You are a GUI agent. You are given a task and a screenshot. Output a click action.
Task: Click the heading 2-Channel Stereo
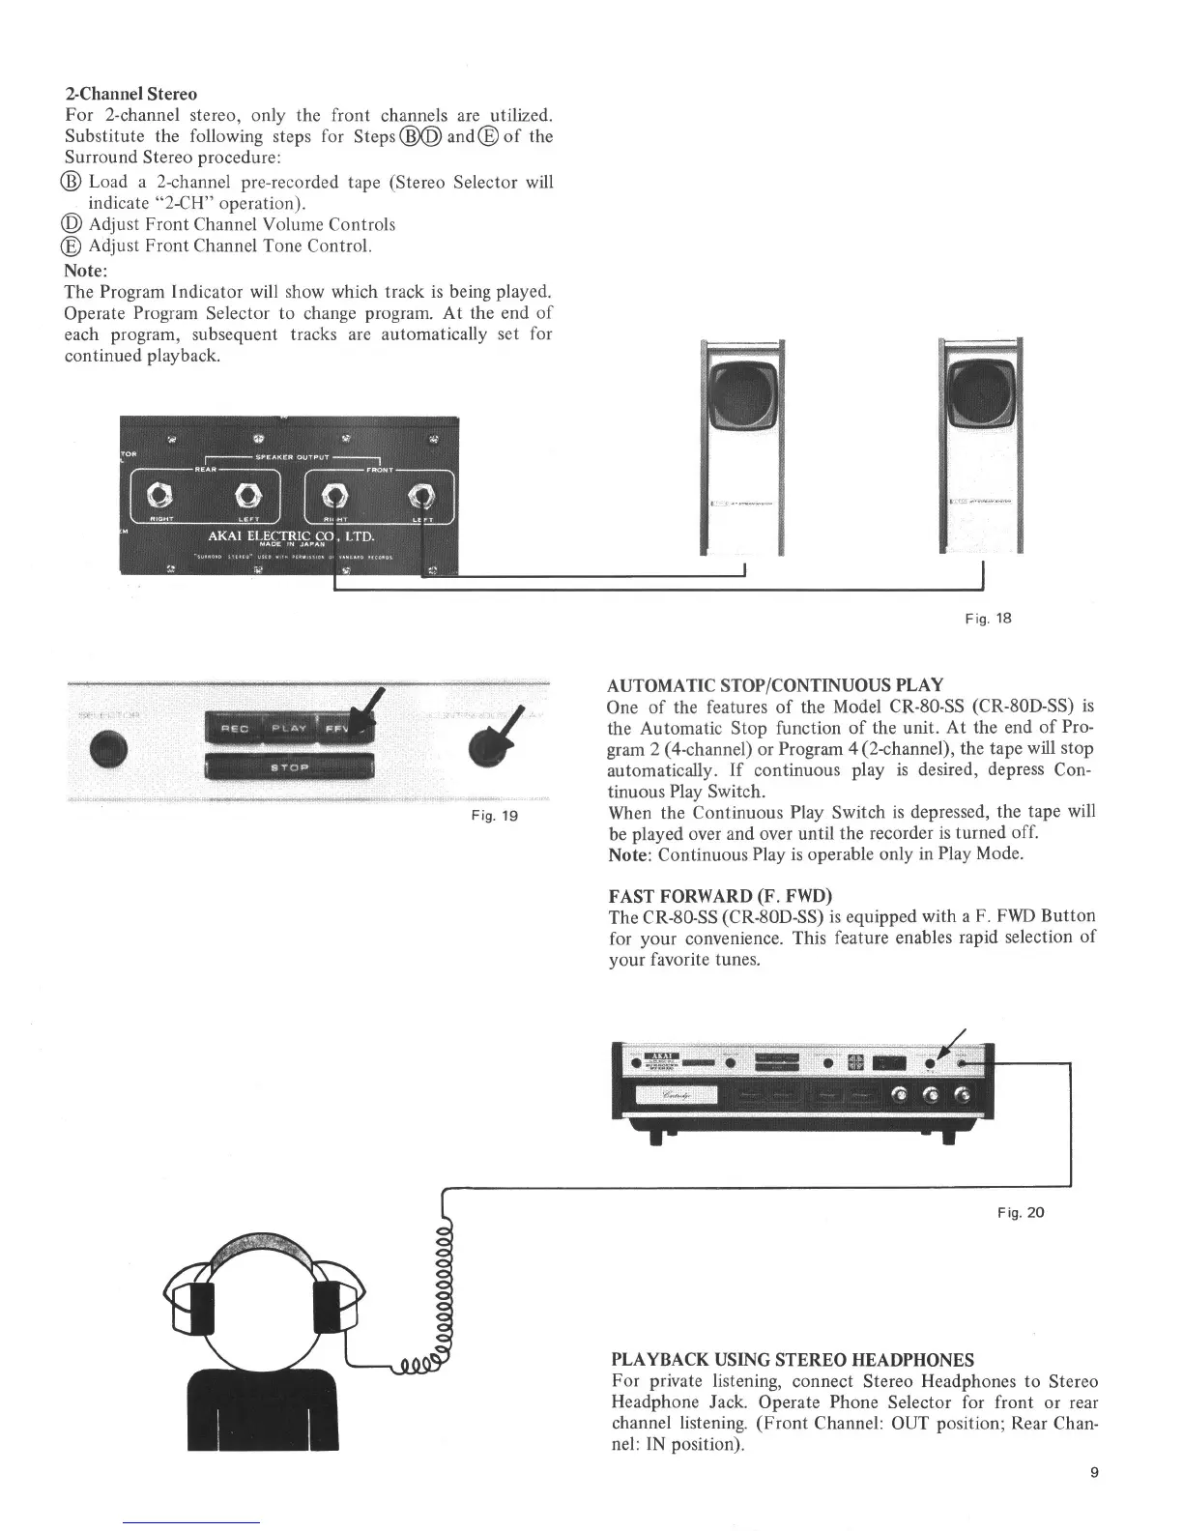[x=130, y=94]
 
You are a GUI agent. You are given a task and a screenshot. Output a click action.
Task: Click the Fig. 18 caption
[x=994, y=618]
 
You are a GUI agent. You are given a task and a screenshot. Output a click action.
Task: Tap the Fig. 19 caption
[x=499, y=816]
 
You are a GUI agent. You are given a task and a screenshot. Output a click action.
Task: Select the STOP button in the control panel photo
[x=289, y=767]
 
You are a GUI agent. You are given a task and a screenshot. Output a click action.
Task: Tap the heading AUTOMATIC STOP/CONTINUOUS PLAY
[x=775, y=685]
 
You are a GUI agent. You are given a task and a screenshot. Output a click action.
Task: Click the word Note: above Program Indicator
[x=85, y=271]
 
